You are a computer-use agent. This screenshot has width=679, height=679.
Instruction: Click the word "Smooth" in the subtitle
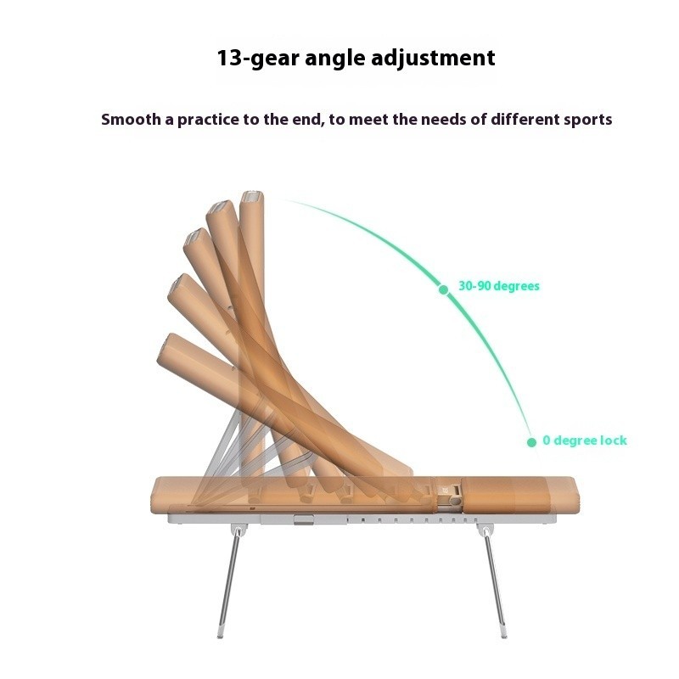(x=131, y=119)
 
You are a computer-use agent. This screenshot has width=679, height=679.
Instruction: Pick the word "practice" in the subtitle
(x=208, y=120)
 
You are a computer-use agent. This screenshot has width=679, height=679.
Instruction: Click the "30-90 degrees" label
(x=499, y=286)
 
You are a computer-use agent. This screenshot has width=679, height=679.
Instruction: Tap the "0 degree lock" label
(x=585, y=441)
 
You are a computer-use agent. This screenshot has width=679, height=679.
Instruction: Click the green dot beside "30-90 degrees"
(x=443, y=289)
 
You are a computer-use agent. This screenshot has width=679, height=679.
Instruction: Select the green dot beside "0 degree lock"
(x=532, y=442)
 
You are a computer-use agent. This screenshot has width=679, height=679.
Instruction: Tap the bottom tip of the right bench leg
(x=503, y=635)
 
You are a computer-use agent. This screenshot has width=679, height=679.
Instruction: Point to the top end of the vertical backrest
(x=251, y=197)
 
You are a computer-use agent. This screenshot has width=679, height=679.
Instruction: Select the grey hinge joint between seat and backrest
(x=450, y=497)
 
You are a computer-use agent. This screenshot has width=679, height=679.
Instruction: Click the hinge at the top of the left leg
(x=238, y=530)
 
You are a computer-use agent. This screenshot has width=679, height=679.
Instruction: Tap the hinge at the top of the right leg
(x=484, y=530)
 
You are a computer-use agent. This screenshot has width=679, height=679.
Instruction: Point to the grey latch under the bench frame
(x=304, y=520)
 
